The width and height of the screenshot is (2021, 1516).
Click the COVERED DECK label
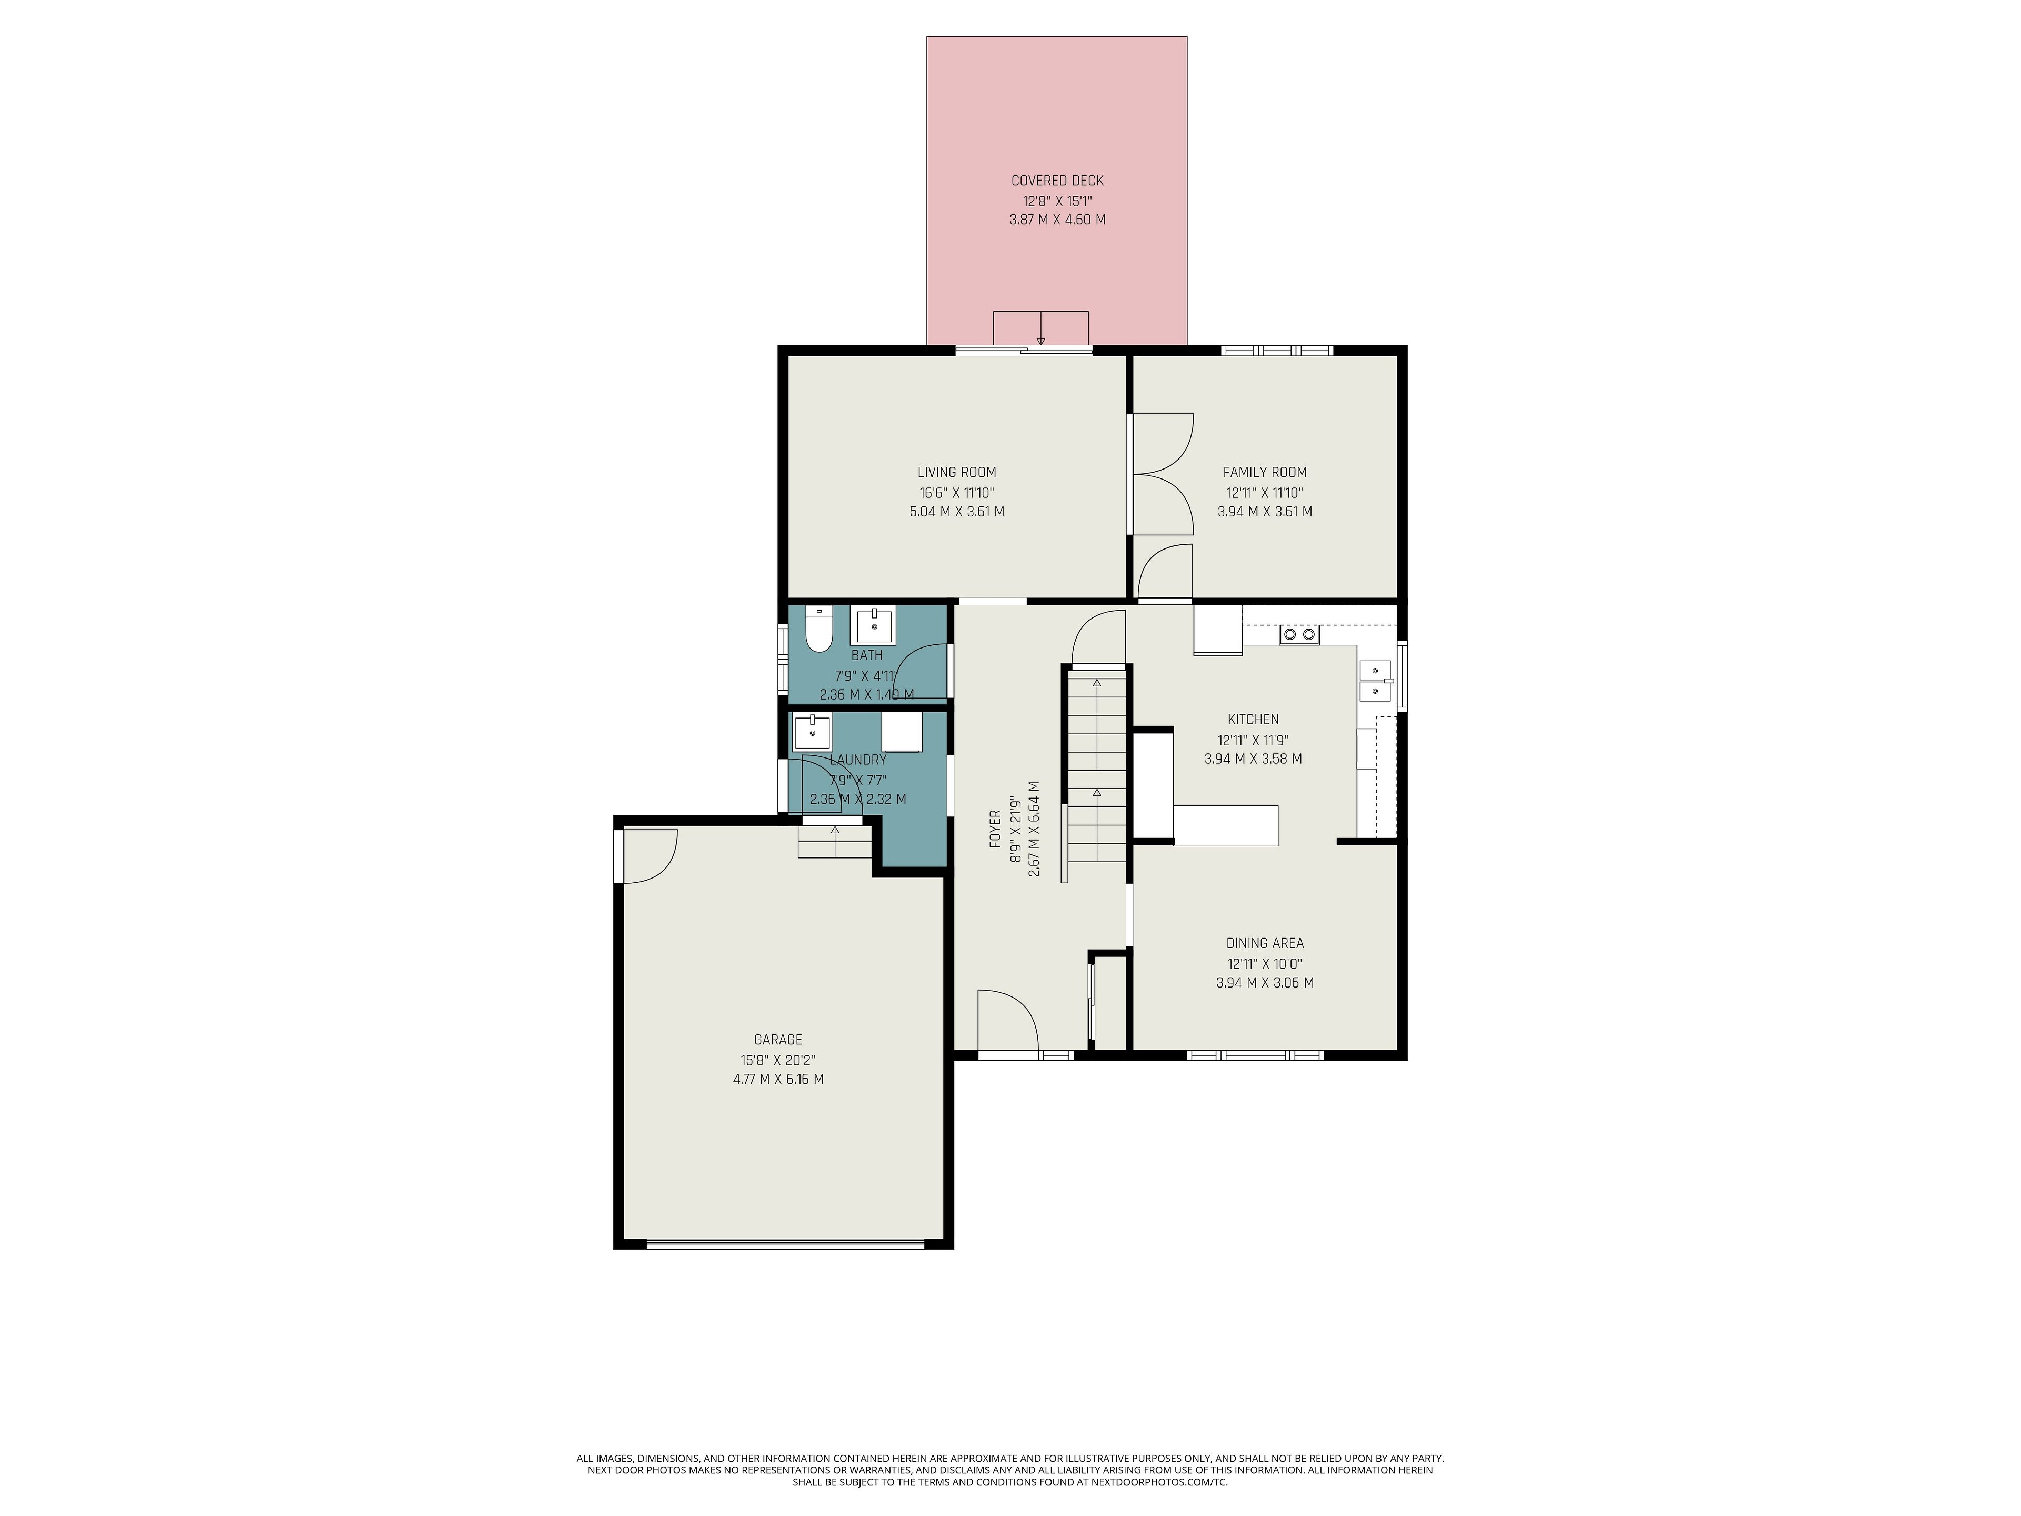pyautogui.click(x=1057, y=181)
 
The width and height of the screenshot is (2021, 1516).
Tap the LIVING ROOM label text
pyautogui.click(x=957, y=473)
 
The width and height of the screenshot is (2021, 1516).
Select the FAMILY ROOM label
pyautogui.click(x=1265, y=473)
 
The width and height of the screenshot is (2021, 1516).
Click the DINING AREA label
pyautogui.click(x=1265, y=943)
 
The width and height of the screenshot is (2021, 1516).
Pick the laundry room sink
pyautogui.click(x=812, y=731)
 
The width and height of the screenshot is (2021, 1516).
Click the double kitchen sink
pyautogui.click(x=1375, y=680)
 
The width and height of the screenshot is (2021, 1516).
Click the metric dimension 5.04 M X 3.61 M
pyautogui.click(x=957, y=512)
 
